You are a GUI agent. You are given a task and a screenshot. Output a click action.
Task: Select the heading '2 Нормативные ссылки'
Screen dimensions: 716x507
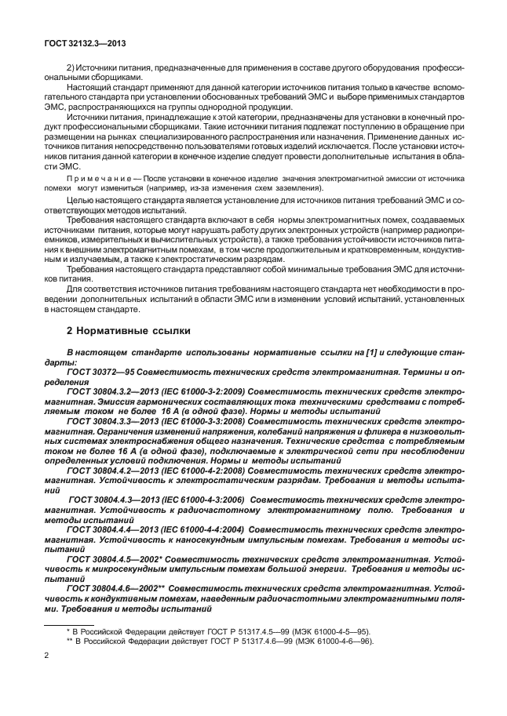point(129,331)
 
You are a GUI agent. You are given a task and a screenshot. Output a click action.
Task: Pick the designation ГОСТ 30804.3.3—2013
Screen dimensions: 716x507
point(120,421)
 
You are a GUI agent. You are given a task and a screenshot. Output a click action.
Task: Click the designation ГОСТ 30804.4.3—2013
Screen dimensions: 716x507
point(123,498)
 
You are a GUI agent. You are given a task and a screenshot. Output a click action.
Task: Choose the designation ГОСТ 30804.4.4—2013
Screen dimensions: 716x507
point(120,530)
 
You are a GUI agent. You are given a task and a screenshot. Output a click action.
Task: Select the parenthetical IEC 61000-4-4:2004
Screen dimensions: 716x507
point(221,530)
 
